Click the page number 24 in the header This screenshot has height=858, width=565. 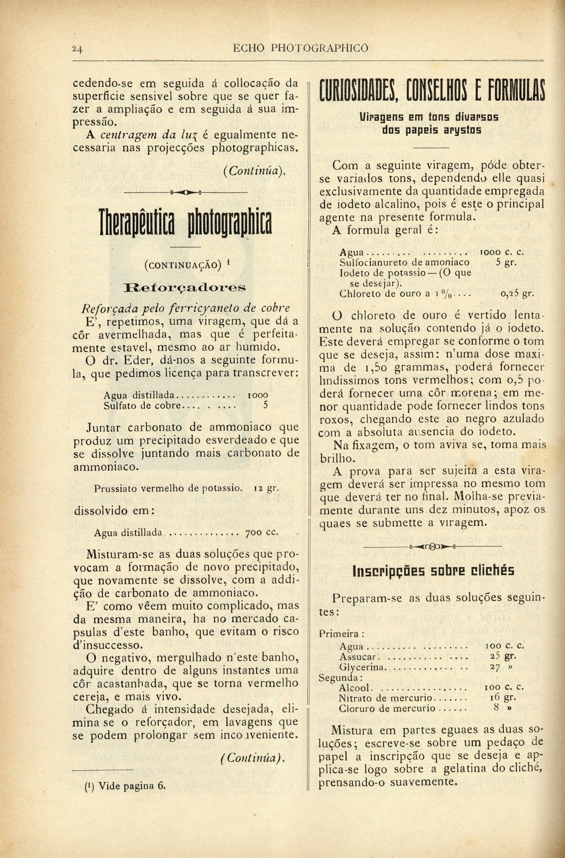click(78, 49)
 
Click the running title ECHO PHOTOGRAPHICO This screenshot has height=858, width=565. click(300, 48)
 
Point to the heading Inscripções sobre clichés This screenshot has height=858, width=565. click(434, 571)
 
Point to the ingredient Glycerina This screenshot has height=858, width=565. click(362, 667)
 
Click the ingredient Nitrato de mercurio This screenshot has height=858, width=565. click(386, 698)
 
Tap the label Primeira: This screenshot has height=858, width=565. click(342, 634)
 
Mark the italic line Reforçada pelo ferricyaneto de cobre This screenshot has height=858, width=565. click(186, 308)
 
